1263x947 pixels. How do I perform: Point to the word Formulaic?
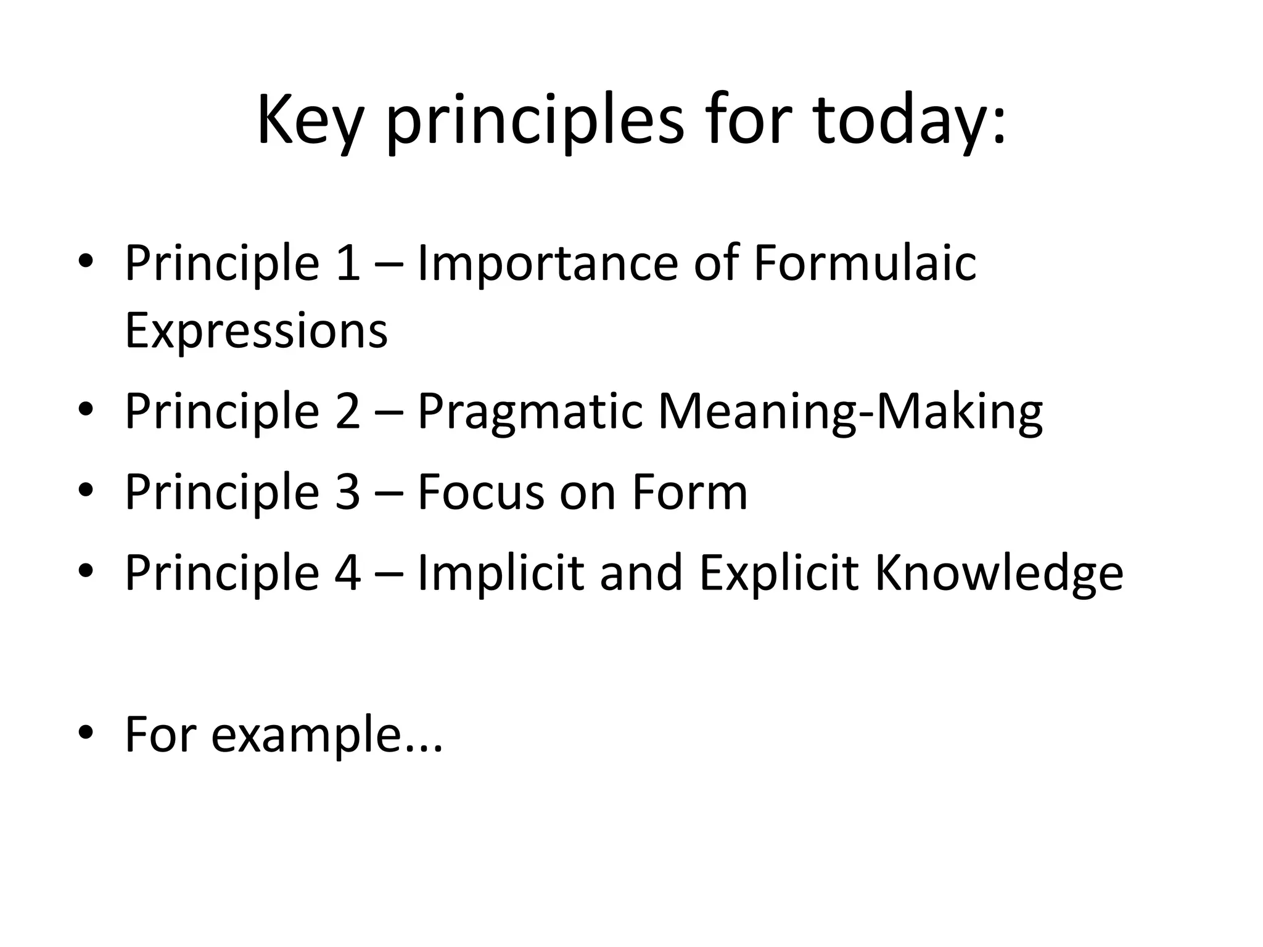tap(865, 264)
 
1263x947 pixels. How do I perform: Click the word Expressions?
tap(256, 332)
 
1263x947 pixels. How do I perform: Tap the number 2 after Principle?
tap(348, 411)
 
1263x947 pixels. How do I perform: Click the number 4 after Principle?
tap(348, 573)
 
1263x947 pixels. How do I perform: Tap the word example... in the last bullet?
tap(327, 736)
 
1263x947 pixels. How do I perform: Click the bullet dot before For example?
tap(86, 734)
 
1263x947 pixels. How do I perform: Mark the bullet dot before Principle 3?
tap(86, 491)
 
